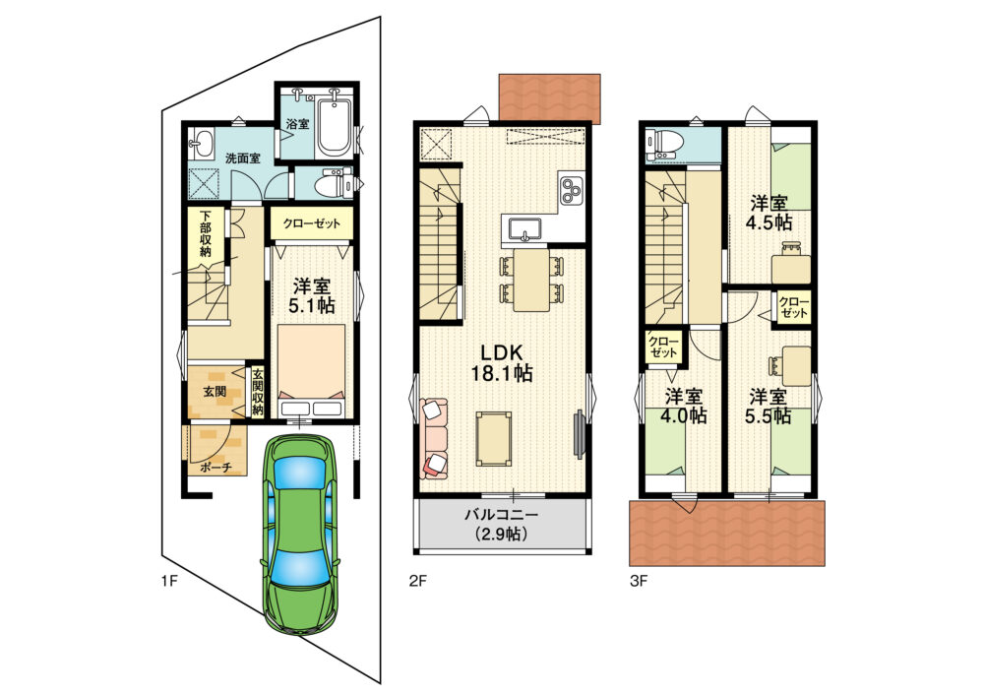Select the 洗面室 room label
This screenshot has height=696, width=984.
[x=243, y=158]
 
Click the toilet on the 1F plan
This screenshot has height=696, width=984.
[x=334, y=183]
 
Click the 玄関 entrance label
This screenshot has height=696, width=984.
[x=215, y=392]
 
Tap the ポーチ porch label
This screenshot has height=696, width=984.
[x=216, y=468]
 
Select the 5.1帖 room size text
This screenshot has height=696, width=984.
[x=311, y=305]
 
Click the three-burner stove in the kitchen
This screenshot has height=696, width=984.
[x=571, y=191]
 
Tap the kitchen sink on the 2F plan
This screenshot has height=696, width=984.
[x=525, y=229]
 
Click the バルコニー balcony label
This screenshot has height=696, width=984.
[x=502, y=516]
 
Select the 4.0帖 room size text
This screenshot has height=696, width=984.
[x=685, y=415]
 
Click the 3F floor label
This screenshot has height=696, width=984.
[x=639, y=581]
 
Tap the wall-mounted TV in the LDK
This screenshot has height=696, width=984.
[x=578, y=434]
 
